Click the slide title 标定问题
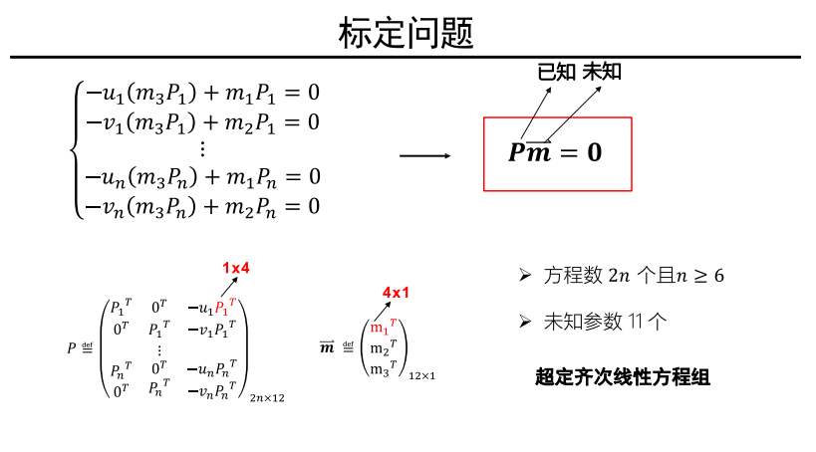[x=407, y=33]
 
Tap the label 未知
[x=602, y=72]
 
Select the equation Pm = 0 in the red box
[x=555, y=152]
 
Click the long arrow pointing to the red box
[x=424, y=155]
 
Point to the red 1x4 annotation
[x=236, y=267]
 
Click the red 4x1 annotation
[x=396, y=293]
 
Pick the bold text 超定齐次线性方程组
[x=623, y=377]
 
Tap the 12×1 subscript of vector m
[x=421, y=376]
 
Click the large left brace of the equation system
[x=75, y=149]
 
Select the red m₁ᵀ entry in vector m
[x=384, y=327]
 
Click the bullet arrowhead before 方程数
[x=524, y=275]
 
